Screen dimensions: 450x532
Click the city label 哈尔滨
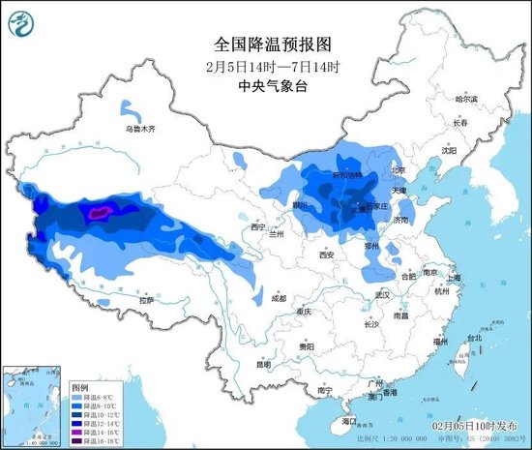466,99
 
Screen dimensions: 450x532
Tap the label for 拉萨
145,301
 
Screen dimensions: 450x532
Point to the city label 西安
324,255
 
